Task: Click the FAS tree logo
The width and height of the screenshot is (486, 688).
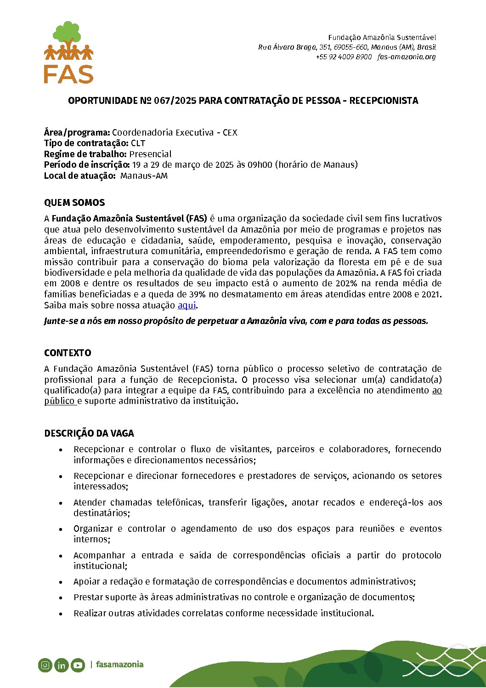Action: click(x=69, y=52)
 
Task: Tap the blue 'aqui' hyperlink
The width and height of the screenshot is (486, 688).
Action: click(x=186, y=305)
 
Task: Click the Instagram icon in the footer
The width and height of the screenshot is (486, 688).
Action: click(x=45, y=665)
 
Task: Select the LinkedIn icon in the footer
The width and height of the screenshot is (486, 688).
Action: click(x=61, y=665)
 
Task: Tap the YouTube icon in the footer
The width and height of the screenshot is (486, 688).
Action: click(x=78, y=665)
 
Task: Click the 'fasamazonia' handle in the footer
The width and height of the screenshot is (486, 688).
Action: click(x=119, y=665)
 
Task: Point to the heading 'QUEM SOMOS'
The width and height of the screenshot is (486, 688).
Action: click(x=74, y=203)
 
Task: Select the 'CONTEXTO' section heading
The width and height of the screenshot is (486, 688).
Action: click(x=68, y=353)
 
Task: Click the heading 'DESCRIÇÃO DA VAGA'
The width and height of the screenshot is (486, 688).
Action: click(x=89, y=433)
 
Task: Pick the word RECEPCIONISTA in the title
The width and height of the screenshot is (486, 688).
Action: click(x=384, y=101)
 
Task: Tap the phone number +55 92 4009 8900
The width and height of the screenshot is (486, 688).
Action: click(x=344, y=57)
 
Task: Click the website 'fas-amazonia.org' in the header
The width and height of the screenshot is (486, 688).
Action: click(x=407, y=57)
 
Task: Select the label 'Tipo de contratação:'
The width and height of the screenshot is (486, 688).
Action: click(x=86, y=143)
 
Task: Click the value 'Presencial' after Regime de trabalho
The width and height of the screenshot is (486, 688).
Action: click(x=150, y=154)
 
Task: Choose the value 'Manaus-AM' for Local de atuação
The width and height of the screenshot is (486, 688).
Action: click(x=144, y=176)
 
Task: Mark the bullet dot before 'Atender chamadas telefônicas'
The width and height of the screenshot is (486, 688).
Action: click(x=61, y=503)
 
